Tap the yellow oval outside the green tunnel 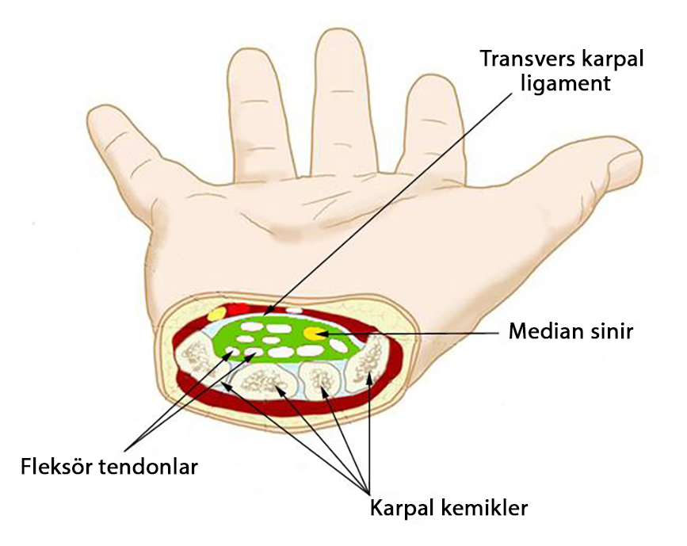click(217, 313)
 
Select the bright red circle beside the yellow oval click(239, 309)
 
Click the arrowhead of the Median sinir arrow click(320, 334)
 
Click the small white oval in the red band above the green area click(294, 311)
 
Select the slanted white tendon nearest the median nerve click(338, 346)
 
